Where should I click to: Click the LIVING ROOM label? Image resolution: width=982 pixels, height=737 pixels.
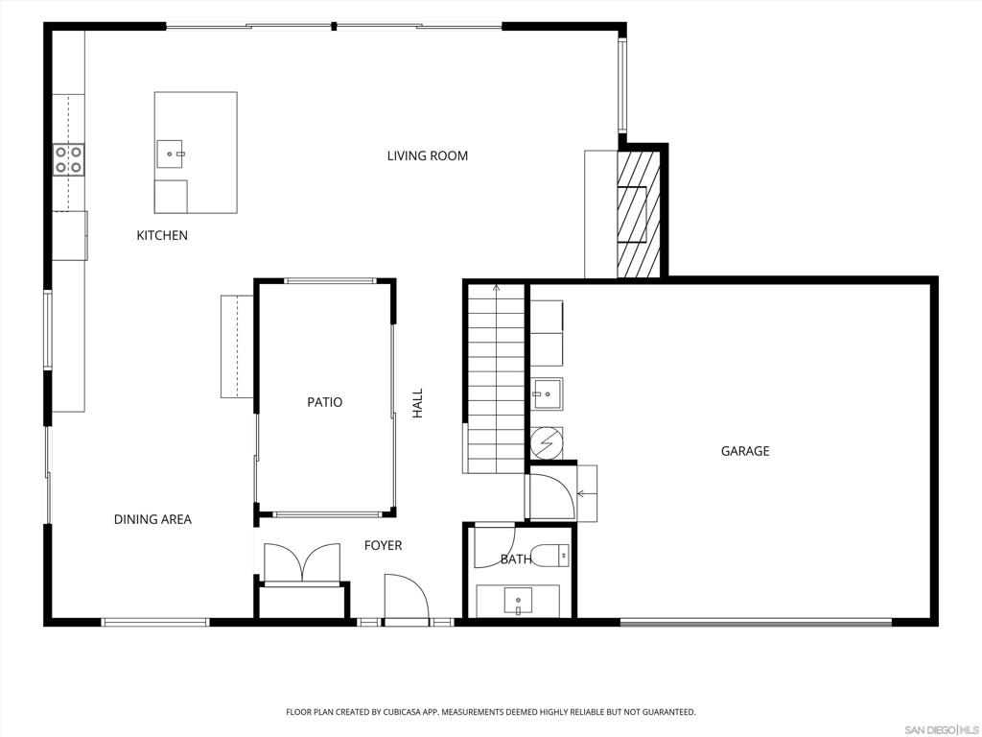[x=427, y=155]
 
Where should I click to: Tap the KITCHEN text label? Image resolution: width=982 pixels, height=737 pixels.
[x=162, y=235]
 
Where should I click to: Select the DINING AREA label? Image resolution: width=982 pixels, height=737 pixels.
[x=152, y=519]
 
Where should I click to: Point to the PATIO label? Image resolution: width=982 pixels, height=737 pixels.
[x=324, y=402]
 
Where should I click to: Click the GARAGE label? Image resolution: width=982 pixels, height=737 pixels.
[x=744, y=451]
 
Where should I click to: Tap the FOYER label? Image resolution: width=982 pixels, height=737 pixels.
[x=383, y=545]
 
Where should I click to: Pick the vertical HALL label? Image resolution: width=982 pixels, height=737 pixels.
[x=418, y=404]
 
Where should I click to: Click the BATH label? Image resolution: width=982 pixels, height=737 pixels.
[x=516, y=559]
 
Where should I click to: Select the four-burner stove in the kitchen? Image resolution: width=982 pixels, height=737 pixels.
[x=68, y=159]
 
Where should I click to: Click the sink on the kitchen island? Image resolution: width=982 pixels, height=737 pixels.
[x=170, y=155]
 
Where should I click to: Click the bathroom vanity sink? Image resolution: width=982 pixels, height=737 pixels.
[x=518, y=602]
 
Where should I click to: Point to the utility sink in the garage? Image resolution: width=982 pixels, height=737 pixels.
[x=548, y=393]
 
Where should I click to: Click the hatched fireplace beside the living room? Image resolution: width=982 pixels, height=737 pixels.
[x=639, y=214]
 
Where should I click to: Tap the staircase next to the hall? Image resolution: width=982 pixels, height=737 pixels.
[x=496, y=378]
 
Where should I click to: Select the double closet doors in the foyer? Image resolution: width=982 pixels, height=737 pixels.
[x=302, y=562]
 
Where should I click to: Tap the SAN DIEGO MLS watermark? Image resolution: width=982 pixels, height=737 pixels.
[x=944, y=730]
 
